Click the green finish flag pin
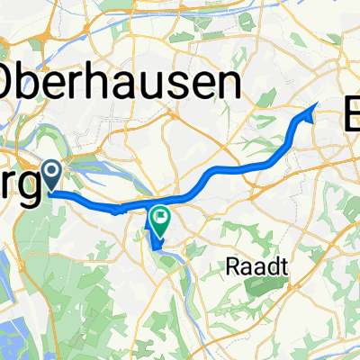[x=160, y=218]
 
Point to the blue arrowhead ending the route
[x=312, y=108]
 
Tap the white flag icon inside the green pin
[x=160, y=214]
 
